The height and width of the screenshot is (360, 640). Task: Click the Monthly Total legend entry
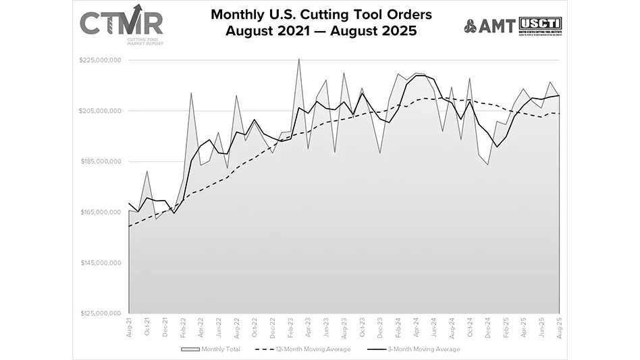[211, 349]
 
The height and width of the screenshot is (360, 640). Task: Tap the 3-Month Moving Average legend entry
[415, 349]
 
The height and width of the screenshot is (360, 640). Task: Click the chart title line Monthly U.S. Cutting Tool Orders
[320, 14]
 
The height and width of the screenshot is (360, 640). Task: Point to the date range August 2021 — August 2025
[320, 30]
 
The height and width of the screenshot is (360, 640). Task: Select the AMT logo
[489, 26]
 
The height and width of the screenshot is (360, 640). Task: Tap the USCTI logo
[539, 25]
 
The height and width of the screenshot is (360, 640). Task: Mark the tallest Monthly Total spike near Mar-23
[299, 59]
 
